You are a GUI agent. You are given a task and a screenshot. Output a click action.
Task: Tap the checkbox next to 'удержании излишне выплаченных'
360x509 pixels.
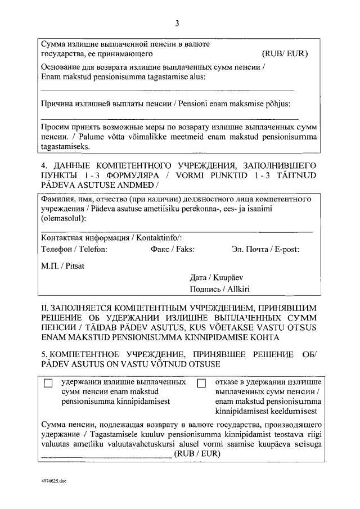click(x=48, y=383)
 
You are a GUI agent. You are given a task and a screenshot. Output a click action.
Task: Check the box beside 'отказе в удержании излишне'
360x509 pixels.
click(x=202, y=383)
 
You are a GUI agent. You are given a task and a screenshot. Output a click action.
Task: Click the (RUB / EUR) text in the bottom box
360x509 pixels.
click(x=196, y=453)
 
